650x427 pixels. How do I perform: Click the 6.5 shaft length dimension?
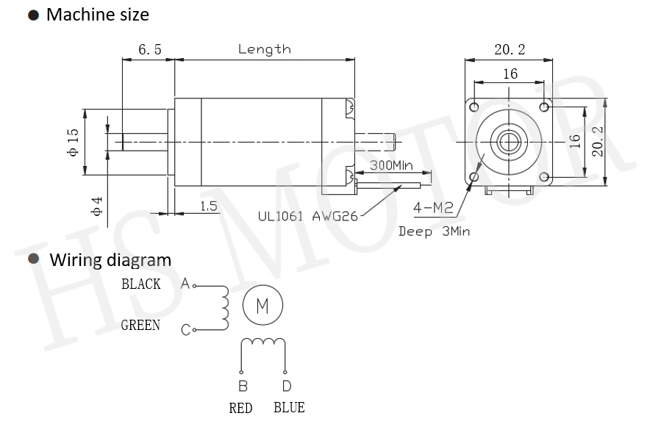tap(149, 50)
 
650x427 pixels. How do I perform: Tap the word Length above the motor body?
tap(264, 50)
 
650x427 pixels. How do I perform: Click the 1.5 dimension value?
tap(209, 207)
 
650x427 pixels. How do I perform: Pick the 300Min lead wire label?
tap(390, 165)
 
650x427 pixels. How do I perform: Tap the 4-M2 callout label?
tap(433, 208)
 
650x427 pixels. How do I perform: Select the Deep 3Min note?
tap(434, 231)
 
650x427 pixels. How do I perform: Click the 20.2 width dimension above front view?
tap(510, 50)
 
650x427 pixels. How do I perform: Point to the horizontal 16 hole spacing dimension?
tap(510, 73)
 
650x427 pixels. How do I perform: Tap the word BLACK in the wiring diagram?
tap(141, 284)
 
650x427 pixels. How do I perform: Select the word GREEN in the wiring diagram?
tap(140, 325)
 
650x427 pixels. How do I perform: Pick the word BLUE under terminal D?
tap(288, 408)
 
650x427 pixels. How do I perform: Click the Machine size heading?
tap(97, 14)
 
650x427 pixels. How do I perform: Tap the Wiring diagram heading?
tap(110, 259)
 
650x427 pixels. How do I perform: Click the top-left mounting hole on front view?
tap(475, 107)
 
